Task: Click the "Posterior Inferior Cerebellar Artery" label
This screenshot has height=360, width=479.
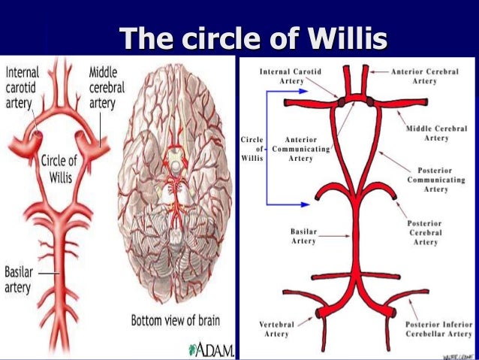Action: click(439, 328)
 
